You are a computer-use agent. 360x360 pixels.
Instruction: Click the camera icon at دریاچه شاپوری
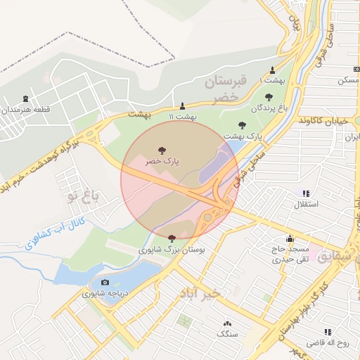(105, 283)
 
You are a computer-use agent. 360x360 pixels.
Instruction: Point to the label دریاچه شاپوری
(104, 294)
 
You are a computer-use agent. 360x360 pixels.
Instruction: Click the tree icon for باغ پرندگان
(269, 96)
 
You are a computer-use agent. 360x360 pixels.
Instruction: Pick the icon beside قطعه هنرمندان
(27, 98)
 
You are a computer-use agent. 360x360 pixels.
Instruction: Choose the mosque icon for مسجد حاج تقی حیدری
(290, 239)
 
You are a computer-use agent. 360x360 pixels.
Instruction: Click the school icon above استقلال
(305, 193)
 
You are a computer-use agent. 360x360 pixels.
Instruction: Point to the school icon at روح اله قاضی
(328, 332)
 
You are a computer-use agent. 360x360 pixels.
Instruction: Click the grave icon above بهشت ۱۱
(183, 105)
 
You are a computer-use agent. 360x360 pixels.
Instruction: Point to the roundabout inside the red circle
(208, 218)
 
